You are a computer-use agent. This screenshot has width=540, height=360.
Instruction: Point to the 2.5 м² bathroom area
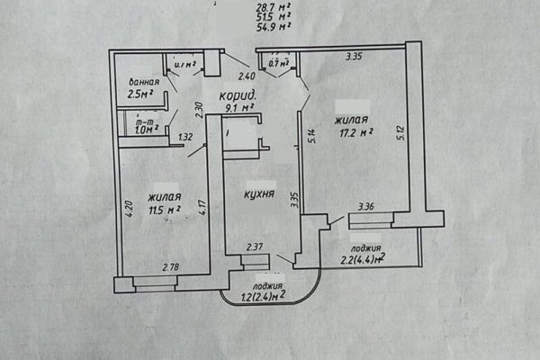(x=139, y=93)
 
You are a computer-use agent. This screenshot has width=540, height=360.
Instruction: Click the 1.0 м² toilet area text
(x=145, y=129)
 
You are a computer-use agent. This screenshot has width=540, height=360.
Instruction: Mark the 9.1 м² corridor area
(x=238, y=106)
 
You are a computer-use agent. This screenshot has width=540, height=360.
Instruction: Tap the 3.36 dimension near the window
(x=366, y=206)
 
